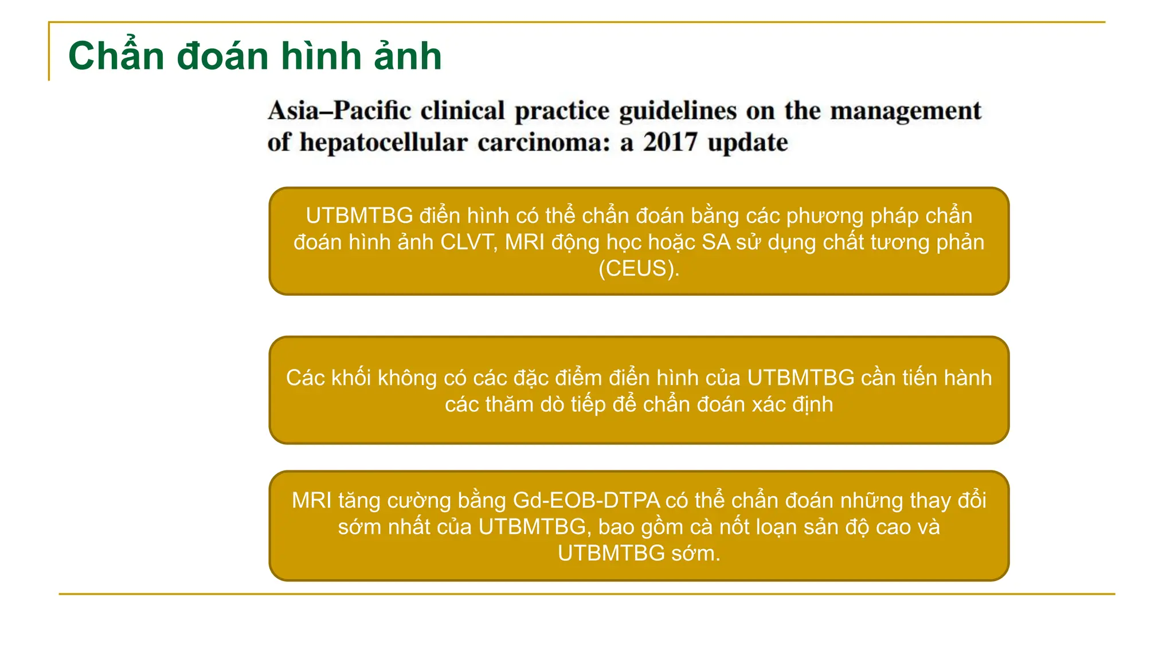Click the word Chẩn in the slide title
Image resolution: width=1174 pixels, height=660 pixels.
tap(116, 56)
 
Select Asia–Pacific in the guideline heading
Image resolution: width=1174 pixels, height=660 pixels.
tap(339, 111)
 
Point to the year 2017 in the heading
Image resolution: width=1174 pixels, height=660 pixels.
tap(670, 142)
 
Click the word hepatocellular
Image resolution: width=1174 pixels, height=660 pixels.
tap(383, 142)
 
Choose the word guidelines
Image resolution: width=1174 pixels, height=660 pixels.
tap(678, 111)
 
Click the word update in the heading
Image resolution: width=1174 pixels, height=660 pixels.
tap(748, 142)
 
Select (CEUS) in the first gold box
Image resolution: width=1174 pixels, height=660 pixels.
tap(639, 268)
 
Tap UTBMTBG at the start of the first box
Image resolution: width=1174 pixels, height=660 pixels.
tap(359, 215)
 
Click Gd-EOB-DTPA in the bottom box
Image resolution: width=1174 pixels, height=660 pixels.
tap(586, 500)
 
